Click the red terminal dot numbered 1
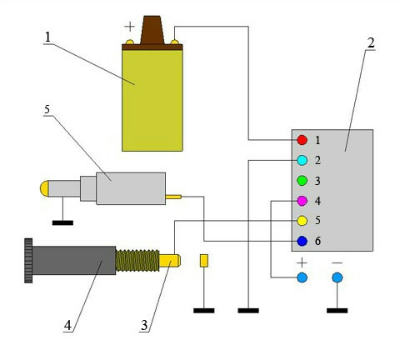tap(302, 140)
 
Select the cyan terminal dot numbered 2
tap(302, 160)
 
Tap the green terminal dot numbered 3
tap(302, 181)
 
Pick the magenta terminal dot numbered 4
tap(302, 201)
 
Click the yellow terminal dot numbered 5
tap(302, 221)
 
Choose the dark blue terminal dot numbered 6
tap(302, 241)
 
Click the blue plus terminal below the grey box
tap(302, 277)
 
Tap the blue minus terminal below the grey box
tap(337, 277)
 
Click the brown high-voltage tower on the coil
tap(152, 30)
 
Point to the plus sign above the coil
tap(129, 27)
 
